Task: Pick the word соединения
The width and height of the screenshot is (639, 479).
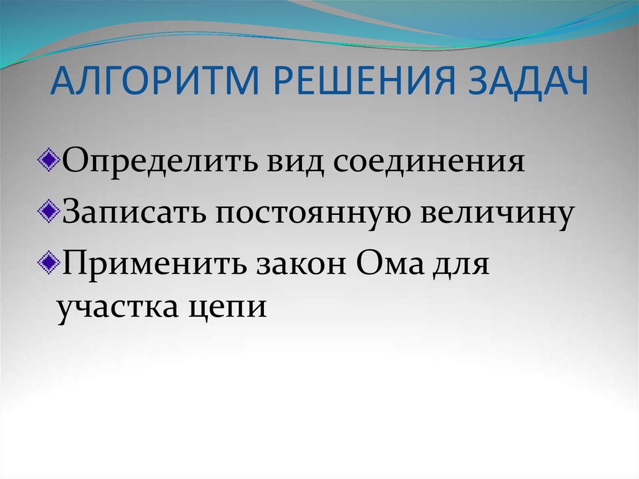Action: click(428, 163)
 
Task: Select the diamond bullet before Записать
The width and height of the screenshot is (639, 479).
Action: click(53, 209)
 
